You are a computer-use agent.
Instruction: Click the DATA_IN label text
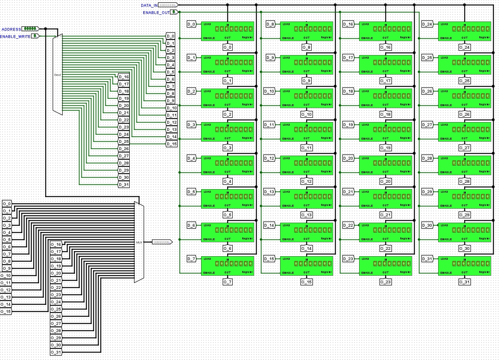[x=149, y=5]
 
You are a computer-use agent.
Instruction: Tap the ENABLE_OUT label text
[x=156, y=12]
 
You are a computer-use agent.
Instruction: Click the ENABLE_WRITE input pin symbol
[x=36, y=36]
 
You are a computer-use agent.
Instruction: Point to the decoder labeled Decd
[x=58, y=74]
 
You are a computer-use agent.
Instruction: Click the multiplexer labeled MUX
[x=139, y=242]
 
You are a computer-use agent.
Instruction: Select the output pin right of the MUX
[x=162, y=242]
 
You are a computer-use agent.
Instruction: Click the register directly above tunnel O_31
[x=464, y=265]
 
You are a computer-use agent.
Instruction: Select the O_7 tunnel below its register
[x=227, y=282]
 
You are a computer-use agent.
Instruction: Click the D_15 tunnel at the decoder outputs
[x=172, y=144]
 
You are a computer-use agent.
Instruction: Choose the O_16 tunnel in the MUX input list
[x=56, y=244]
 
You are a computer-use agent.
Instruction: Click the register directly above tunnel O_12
[x=306, y=165]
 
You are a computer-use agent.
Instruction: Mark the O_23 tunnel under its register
[x=385, y=282]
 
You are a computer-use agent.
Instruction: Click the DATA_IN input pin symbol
[x=168, y=5]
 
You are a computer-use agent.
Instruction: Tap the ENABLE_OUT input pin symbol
[x=174, y=12]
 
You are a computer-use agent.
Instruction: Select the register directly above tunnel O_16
[x=385, y=31]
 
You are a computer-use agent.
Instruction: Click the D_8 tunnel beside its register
[x=270, y=24]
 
